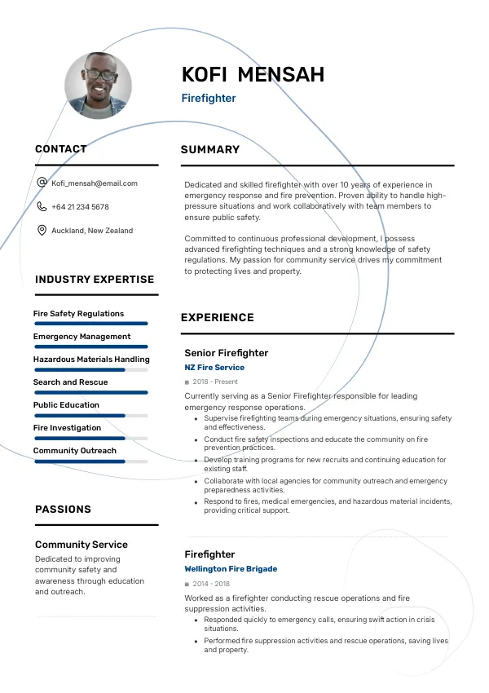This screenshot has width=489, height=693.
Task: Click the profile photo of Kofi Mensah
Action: click(98, 86)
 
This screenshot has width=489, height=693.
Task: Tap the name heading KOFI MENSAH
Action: click(253, 75)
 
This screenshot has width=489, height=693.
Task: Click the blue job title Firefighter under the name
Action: click(209, 99)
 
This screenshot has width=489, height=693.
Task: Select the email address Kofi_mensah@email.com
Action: click(95, 183)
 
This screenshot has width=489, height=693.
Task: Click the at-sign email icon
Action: click(42, 183)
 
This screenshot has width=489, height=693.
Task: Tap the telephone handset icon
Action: click(42, 207)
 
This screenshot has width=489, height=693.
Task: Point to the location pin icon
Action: click(42, 231)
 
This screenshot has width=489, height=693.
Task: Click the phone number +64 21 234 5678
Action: click(80, 207)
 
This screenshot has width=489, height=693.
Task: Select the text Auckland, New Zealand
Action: click(92, 231)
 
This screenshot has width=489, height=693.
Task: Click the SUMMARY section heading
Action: click(210, 150)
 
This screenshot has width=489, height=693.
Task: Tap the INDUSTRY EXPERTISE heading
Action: click(95, 280)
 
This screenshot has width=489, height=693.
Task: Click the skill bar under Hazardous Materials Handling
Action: click(90, 369)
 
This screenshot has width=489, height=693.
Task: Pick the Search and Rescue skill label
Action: click(70, 382)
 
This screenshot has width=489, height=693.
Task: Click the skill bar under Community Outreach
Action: click(90, 461)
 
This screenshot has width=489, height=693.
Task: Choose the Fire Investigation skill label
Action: click(67, 428)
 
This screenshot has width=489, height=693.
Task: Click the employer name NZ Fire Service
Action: click(214, 368)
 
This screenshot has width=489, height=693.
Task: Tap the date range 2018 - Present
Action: click(215, 382)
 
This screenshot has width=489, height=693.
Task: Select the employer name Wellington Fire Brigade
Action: click(231, 569)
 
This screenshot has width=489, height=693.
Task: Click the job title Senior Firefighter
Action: click(226, 353)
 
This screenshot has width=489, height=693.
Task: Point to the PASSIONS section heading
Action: click(63, 510)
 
